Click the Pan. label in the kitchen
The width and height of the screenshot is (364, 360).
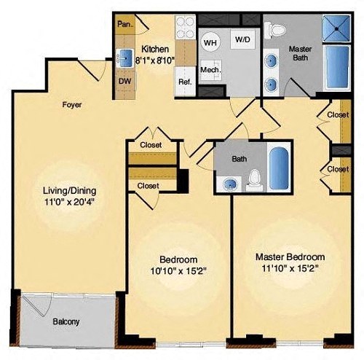[125, 24]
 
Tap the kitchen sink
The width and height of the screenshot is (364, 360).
[124, 58]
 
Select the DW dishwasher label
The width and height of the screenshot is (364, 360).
[124, 81]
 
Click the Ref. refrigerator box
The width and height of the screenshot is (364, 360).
[185, 81]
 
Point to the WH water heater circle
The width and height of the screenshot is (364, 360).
[210, 43]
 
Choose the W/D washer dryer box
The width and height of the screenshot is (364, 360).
[242, 39]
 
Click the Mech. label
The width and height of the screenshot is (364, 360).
[210, 70]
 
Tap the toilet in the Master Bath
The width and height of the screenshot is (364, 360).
[275, 29]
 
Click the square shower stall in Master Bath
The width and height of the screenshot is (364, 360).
[336, 28]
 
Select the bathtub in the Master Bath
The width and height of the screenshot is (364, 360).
[337, 67]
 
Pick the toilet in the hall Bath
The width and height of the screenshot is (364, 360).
[255, 180]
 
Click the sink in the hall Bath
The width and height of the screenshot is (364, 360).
[230, 184]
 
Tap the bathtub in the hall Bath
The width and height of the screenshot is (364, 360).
[280, 168]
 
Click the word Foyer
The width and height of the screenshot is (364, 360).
[72, 105]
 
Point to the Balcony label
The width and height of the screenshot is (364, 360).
[66, 321]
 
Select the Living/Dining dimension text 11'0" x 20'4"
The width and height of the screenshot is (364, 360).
[69, 202]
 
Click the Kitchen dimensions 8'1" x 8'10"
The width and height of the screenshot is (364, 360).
[155, 60]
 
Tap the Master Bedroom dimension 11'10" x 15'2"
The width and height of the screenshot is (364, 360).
[290, 268]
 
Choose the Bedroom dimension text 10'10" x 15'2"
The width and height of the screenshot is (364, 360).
[178, 271]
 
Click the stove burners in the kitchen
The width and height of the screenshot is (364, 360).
[185, 27]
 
